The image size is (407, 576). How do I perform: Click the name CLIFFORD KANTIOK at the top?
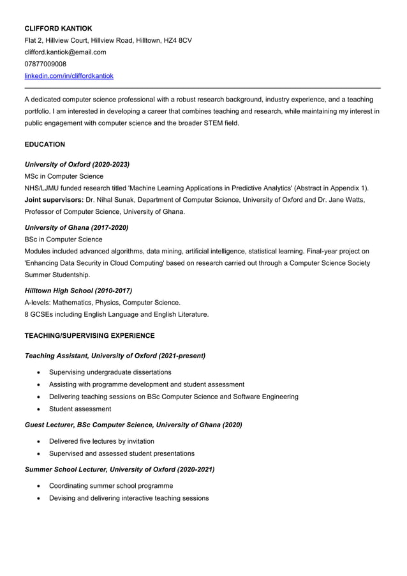coord(58,28)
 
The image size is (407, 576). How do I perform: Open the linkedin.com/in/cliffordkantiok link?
coord(69,76)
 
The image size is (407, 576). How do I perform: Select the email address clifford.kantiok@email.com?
coord(65,52)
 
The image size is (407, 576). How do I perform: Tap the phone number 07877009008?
coord(45,64)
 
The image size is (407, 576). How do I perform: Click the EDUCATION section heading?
coord(45,144)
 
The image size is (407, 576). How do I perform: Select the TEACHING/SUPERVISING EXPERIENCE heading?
coord(89,335)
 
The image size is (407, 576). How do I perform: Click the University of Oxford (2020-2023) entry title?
coord(77,164)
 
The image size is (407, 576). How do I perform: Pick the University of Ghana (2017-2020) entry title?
coord(76,227)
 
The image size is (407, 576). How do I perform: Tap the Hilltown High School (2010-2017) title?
coord(78,291)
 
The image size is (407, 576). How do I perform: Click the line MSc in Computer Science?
coord(64,176)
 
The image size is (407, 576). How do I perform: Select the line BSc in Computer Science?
coord(63,239)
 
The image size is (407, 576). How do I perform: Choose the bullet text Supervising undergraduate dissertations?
coord(110,372)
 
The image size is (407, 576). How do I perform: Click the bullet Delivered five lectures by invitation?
coord(101,441)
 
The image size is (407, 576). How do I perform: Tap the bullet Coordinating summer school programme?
coord(111,485)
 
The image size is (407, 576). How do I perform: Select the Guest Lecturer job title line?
coord(133,425)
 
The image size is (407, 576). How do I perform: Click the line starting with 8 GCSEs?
coord(116,314)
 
